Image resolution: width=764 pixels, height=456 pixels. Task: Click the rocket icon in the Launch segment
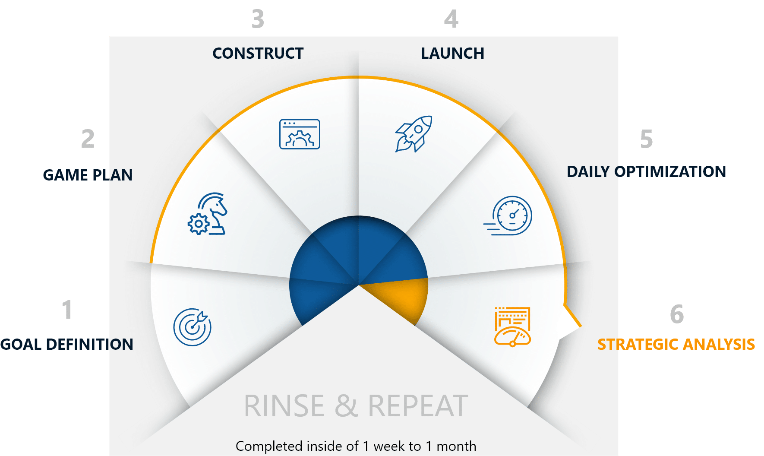click(414, 134)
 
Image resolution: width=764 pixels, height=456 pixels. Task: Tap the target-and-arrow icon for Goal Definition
click(193, 327)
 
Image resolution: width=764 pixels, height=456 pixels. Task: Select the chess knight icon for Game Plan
click(207, 214)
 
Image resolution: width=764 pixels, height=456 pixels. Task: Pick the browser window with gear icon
click(300, 134)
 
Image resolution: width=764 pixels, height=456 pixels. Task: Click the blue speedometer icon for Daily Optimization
click(508, 215)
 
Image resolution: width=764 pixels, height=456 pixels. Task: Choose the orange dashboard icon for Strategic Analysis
click(512, 327)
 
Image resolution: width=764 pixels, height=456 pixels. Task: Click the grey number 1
click(67, 310)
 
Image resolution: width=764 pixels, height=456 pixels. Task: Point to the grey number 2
click(88, 139)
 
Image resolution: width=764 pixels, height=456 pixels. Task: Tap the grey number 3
click(258, 19)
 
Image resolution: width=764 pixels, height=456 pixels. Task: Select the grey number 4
click(451, 19)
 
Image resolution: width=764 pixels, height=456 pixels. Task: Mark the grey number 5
click(646, 139)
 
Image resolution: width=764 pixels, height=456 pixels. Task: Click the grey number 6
click(677, 314)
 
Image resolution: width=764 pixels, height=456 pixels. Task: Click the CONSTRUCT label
click(258, 54)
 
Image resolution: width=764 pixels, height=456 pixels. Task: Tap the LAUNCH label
click(453, 54)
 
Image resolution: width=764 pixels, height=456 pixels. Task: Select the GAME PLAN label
click(88, 175)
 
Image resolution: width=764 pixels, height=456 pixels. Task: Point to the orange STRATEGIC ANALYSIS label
click(676, 345)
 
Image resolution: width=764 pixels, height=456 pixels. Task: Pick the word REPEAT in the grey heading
click(418, 406)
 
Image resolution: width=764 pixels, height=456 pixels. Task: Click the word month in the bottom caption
click(456, 446)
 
